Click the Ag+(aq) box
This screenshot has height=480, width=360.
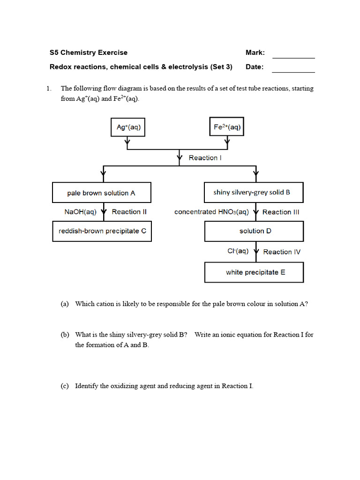[128, 127]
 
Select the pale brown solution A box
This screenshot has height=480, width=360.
[101, 193]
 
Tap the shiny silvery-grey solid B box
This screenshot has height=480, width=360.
[254, 193]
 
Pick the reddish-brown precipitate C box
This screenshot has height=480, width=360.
[102, 231]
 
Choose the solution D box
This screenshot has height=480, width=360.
[254, 231]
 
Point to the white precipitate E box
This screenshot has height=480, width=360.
[254, 272]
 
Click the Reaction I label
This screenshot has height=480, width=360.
[205, 158]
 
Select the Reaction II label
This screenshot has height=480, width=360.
[129, 212]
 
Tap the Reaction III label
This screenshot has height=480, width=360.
[280, 212]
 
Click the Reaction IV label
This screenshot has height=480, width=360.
[282, 252]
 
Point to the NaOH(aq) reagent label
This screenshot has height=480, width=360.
[80, 212]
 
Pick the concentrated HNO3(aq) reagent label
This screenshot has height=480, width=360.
[211, 212]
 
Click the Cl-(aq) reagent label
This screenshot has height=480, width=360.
[238, 251]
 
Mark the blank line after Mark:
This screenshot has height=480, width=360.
[293, 57]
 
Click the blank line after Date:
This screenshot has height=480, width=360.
[293, 72]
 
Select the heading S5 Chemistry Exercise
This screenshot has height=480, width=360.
[88, 52]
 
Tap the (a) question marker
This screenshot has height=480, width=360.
[65, 304]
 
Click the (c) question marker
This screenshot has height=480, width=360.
[65, 386]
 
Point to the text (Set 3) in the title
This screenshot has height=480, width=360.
[221, 67]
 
